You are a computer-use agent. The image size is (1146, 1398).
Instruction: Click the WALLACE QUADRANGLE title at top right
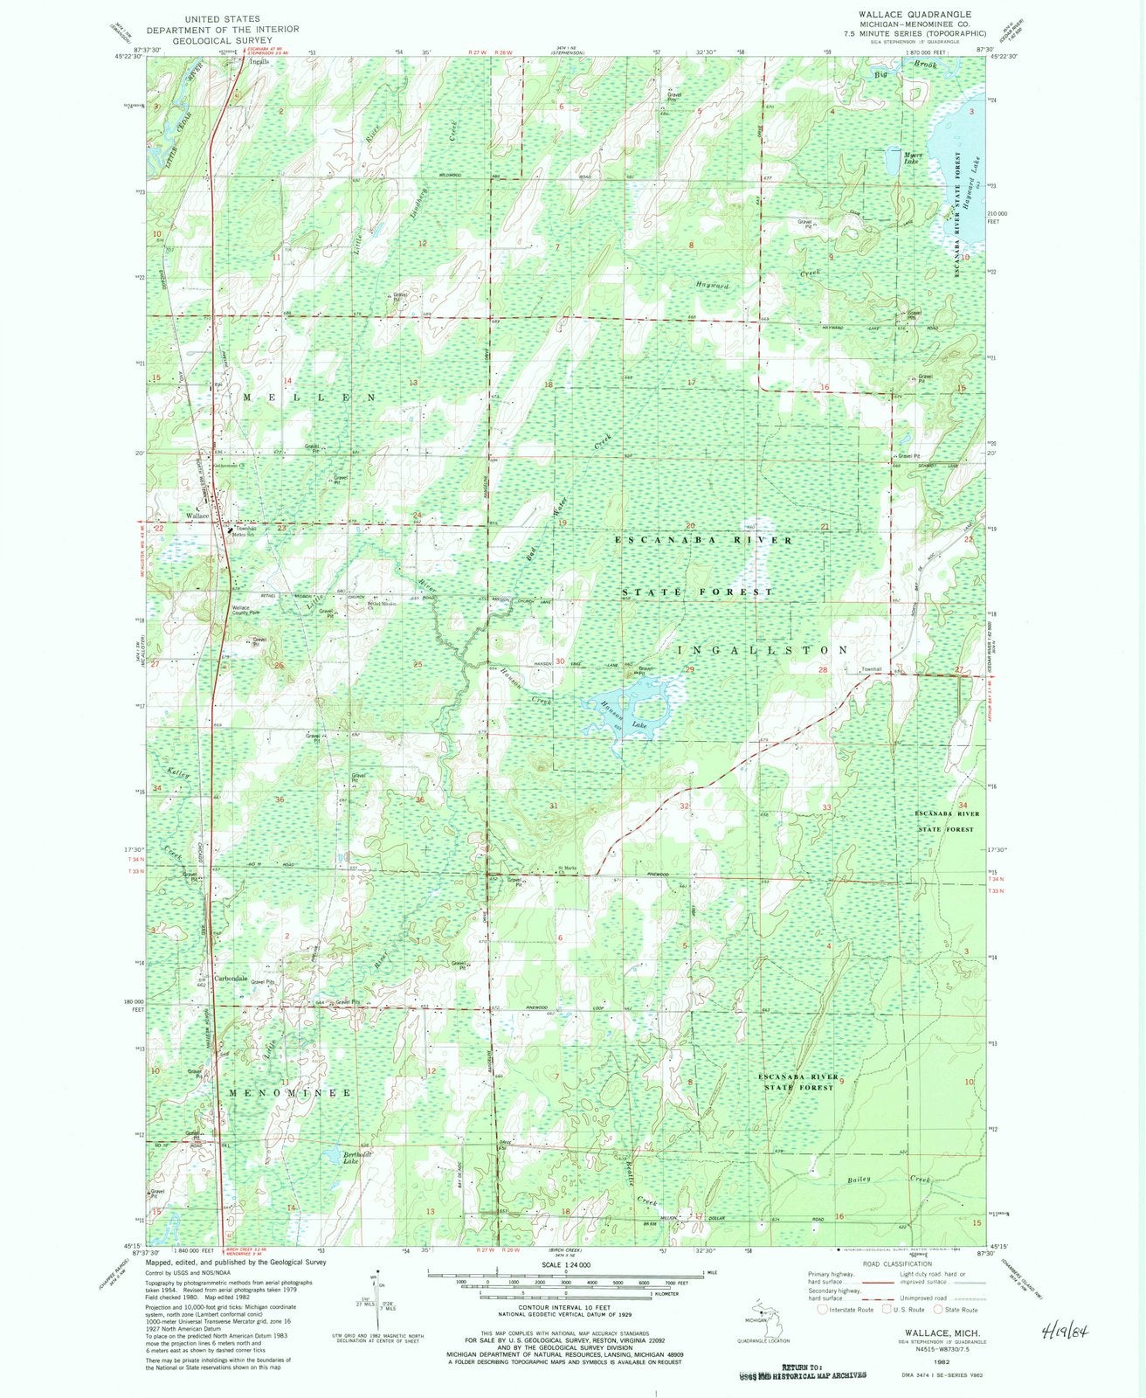tap(927, 15)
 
